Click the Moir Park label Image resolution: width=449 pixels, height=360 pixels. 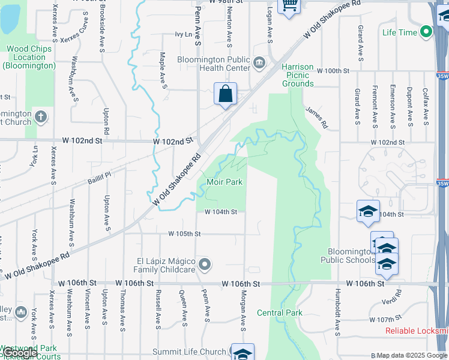click(x=224, y=182)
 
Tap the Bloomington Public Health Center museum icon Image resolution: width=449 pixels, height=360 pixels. click(x=259, y=62)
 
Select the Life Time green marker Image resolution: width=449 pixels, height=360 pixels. click(x=427, y=32)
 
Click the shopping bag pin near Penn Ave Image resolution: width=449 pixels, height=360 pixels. click(x=225, y=94)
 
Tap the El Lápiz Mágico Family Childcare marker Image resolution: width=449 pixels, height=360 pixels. click(x=205, y=264)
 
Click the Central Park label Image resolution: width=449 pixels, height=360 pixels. click(x=280, y=313)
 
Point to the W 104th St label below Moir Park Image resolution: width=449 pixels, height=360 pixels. click(x=220, y=212)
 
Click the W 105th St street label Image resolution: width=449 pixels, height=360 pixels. click(x=184, y=233)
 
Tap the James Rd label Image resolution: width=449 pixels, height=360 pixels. click(x=316, y=118)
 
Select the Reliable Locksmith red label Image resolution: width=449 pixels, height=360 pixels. click(x=417, y=331)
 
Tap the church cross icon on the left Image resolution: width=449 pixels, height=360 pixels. click(x=40, y=116)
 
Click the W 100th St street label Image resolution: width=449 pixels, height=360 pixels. click(x=333, y=71)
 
